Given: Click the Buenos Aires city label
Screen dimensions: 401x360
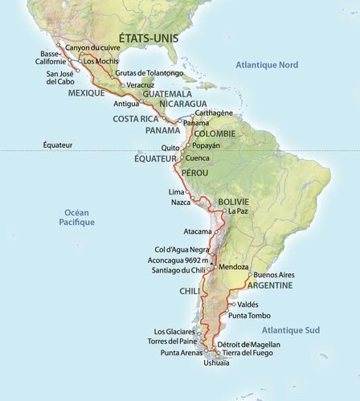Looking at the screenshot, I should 276,275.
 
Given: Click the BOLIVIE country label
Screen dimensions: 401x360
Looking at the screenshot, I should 233,201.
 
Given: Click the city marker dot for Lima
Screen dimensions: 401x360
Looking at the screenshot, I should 189,193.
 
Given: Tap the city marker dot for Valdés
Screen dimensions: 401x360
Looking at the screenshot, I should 231,305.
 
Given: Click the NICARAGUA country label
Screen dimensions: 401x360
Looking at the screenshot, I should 182,104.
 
